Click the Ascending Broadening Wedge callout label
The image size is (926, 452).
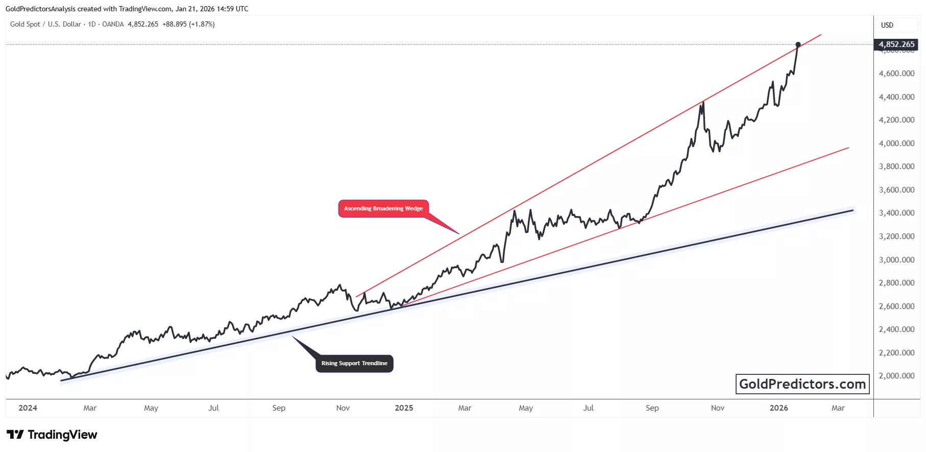(x=383, y=208)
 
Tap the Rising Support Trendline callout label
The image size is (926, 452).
(x=354, y=364)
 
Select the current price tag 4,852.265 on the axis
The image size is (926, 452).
(x=896, y=44)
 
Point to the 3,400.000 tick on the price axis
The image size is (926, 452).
(x=896, y=213)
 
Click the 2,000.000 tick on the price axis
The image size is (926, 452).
(x=896, y=376)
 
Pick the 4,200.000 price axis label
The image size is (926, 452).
(x=896, y=120)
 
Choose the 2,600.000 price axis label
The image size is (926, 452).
(x=896, y=306)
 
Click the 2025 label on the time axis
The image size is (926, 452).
(x=404, y=408)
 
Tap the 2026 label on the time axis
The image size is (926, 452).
(x=778, y=408)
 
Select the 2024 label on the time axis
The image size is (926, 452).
(x=28, y=408)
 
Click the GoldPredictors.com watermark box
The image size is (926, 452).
(x=802, y=384)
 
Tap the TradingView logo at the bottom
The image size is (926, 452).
(x=52, y=435)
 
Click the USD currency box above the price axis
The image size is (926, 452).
(x=887, y=25)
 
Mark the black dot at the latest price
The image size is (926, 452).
(x=798, y=44)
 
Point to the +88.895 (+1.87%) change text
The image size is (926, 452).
(x=188, y=25)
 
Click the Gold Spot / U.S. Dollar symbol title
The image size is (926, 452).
(x=45, y=25)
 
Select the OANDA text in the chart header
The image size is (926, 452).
(x=113, y=25)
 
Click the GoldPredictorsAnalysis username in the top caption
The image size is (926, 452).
(x=40, y=9)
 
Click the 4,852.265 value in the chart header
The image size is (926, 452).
(x=143, y=25)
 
